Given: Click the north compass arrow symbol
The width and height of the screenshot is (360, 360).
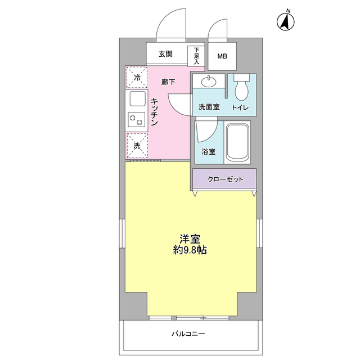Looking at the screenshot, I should click(286, 21).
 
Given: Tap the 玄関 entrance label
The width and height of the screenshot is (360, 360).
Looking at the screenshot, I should click(165, 55).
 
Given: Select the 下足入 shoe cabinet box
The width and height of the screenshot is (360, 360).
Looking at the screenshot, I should click(196, 55).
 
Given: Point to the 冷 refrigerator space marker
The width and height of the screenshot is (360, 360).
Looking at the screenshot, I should click(137, 78).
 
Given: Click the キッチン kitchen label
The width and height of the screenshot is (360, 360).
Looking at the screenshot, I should click(155, 111).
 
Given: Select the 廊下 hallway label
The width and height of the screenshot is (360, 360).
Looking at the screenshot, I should click(168, 82).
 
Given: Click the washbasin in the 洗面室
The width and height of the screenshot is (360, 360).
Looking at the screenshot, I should click(209, 82).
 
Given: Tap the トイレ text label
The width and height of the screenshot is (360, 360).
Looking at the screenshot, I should click(240, 107).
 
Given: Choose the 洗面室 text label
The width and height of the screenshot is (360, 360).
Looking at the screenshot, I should click(209, 107).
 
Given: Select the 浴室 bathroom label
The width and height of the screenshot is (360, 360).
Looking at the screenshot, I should click(209, 151).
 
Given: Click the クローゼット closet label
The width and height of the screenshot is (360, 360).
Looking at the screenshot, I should click(225, 179).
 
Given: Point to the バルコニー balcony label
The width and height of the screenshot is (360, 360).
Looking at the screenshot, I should click(189, 334).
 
